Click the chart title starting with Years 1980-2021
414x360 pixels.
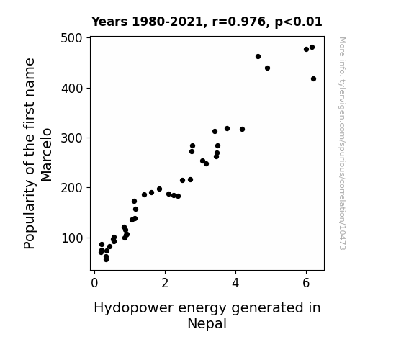click(207, 22)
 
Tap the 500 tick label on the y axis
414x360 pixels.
click(72, 38)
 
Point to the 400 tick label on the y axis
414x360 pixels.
click(72, 89)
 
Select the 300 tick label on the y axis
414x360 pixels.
click(72, 138)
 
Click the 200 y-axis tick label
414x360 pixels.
click(72, 188)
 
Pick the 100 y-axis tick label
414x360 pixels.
click(72, 238)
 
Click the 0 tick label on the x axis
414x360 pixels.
click(94, 283)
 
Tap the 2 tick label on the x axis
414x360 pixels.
click(165, 283)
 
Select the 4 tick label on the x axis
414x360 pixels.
click(235, 283)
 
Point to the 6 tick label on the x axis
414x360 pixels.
click(306, 283)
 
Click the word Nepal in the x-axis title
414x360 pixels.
click(207, 324)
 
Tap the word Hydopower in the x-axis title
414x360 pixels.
click(134, 308)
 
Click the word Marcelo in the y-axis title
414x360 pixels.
click(47, 155)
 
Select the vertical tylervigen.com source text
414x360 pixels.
click(342, 143)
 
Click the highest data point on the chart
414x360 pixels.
click(312, 48)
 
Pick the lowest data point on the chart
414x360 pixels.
click(106, 260)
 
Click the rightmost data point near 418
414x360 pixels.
click(313, 78)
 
